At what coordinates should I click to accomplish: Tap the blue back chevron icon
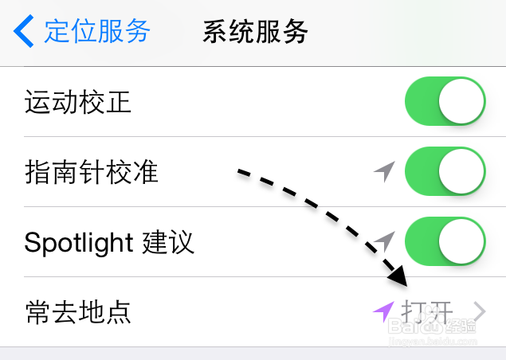(x=23, y=32)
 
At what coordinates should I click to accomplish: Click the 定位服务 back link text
(x=97, y=32)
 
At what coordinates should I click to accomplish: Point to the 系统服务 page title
(x=255, y=32)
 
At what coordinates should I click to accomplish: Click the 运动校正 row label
(x=77, y=103)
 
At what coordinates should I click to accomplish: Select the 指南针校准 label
(x=92, y=172)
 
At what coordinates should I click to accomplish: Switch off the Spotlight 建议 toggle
(x=445, y=241)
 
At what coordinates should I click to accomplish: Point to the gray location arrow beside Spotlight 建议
(x=385, y=240)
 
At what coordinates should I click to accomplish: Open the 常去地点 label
(x=77, y=311)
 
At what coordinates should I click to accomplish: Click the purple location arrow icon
(x=383, y=310)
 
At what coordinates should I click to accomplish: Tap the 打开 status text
(x=427, y=311)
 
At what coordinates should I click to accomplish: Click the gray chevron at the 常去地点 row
(x=479, y=311)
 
